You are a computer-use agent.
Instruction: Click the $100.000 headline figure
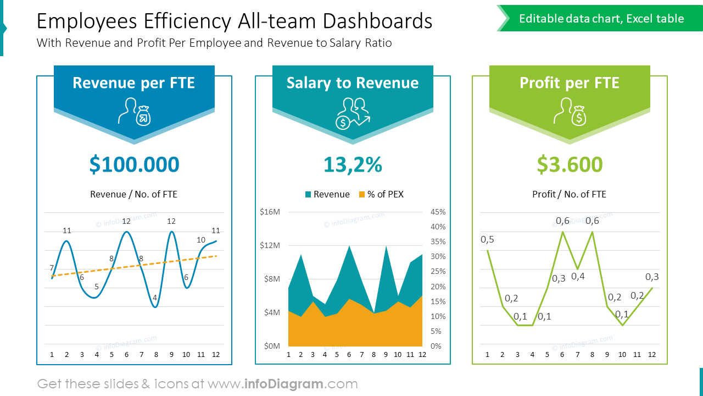(x=134, y=164)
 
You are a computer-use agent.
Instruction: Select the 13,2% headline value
(x=353, y=164)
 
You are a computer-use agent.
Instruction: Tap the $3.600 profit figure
(x=570, y=164)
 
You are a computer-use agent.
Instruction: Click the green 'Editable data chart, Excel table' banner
(x=601, y=19)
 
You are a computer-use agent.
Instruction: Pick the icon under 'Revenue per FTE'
(x=134, y=111)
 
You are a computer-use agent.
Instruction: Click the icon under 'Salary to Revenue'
(x=353, y=113)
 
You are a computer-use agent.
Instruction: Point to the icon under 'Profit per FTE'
(x=570, y=111)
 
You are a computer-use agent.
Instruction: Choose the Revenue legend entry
(x=327, y=194)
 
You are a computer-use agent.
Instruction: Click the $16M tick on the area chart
(x=270, y=212)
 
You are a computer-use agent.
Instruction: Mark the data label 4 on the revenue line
(x=155, y=298)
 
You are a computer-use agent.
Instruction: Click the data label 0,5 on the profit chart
(x=487, y=239)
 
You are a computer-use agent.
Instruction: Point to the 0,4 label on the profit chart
(x=578, y=276)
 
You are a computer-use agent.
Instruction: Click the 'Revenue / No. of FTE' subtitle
(x=133, y=194)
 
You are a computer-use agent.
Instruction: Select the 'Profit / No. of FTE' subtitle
(x=569, y=194)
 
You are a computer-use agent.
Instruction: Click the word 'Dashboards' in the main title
(x=377, y=21)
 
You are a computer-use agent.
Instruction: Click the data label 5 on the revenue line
(x=97, y=286)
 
